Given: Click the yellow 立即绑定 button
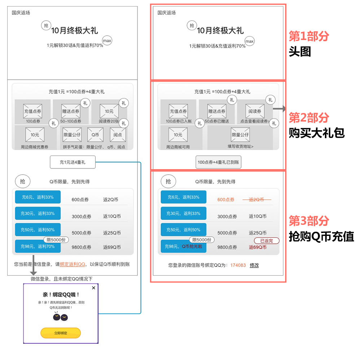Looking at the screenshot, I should point(60,333).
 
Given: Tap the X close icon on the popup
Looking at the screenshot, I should point(93,288).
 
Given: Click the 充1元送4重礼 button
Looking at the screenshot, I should point(73,162).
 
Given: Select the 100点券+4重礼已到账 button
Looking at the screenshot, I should point(218,162).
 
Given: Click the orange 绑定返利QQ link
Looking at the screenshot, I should point(73,264).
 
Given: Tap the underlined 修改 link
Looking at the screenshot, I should point(254,265).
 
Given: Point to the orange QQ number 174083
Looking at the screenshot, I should point(238,265).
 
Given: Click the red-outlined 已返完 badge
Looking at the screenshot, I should point(266,241).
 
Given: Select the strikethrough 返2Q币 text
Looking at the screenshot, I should point(256,199).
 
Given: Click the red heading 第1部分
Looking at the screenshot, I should point(309,36).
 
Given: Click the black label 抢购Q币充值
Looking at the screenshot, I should point(321,237).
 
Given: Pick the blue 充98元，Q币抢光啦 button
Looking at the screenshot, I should point(183,247).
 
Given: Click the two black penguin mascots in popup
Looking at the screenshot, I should point(60,317).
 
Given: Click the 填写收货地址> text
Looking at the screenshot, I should point(240,146).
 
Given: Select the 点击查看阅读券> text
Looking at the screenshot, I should point(255,122).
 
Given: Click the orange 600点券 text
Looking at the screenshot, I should point(226,199).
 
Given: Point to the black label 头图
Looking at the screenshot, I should point(300,52).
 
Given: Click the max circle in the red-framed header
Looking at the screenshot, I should point(249,41).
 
